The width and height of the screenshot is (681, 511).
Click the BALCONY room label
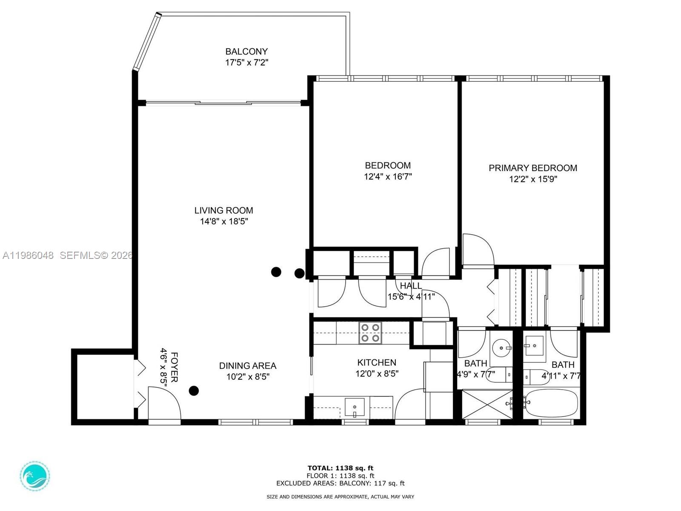pos(246,52)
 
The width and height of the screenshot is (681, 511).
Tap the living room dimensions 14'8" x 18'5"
pos(224,221)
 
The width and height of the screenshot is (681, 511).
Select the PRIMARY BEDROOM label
pos(533,168)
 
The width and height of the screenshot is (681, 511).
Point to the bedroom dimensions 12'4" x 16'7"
pos(388,176)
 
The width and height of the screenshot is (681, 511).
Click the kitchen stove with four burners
pos(370,333)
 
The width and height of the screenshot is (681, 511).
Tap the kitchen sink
pos(355,408)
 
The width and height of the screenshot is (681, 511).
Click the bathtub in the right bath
pos(551,402)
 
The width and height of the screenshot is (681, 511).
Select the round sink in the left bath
pos(502,348)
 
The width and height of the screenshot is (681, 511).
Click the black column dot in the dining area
pos(194,390)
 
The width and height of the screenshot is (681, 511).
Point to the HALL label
pos(411,286)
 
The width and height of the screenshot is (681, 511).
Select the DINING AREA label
pos(248,366)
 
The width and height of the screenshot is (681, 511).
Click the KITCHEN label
pos(377,362)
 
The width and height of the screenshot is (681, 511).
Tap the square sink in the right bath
pos(534,345)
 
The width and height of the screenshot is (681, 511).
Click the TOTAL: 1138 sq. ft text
pos(340,468)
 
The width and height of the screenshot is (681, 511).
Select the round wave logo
pos(35,476)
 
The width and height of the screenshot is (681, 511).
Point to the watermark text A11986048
pos(28,255)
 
